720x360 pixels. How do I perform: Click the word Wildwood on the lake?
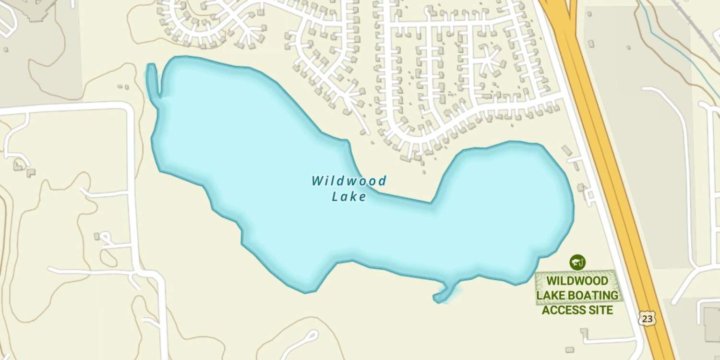point(349,181)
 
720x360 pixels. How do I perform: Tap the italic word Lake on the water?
point(349,196)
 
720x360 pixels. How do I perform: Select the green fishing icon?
point(577,262)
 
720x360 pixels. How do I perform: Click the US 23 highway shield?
point(647,318)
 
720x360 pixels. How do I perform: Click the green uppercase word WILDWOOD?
point(577,280)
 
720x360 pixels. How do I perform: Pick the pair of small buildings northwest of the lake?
point(123,87)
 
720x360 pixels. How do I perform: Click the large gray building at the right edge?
point(712,324)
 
